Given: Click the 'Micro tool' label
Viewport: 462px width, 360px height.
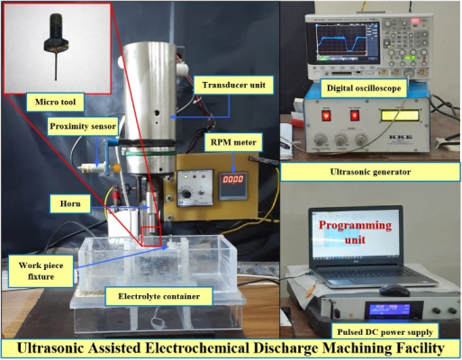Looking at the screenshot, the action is pyautogui.click(x=55, y=102).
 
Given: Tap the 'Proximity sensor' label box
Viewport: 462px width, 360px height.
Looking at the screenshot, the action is pyautogui.click(x=83, y=126).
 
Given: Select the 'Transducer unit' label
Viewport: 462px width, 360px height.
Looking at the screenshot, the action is pyautogui.click(x=233, y=85).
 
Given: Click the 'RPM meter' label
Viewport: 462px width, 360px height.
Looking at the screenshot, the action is pyautogui.click(x=233, y=142).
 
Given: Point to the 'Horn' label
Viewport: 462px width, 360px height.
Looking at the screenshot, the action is pyautogui.click(x=70, y=203).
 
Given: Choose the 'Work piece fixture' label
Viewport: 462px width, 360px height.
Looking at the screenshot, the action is pyautogui.click(x=41, y=271).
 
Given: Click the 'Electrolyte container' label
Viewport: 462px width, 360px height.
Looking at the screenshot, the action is pyautogui.click(x=159, y=296).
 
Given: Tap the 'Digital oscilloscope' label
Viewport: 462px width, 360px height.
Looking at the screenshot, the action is pyautogui.click(x=364, y=88).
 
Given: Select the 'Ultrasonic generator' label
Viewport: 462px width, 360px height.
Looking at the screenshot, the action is pyautogui.click(x=370, y=172).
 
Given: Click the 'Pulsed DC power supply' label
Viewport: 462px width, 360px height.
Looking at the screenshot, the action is pyautogui.click(x=385, y=332).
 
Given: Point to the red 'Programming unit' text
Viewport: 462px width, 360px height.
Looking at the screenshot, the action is pyautogui.click(x=355, y=232).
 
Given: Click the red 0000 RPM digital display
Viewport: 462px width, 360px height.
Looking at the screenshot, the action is pyautogui.click(x=232, y=180).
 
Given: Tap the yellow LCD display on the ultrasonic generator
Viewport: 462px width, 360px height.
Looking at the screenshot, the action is pyautogui.click(x=400, y=115).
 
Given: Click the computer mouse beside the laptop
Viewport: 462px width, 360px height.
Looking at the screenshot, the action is pyautogui.click(x=394, y=291).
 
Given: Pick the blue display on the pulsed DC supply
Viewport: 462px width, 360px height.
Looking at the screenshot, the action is pyautogui.click(x=390, y=310).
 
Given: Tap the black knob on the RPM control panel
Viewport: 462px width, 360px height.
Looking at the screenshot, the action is pyautogui.click(x=186, y=194).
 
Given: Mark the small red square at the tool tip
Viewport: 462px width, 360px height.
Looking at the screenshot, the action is pyautogui.click(x=151, y=237).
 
